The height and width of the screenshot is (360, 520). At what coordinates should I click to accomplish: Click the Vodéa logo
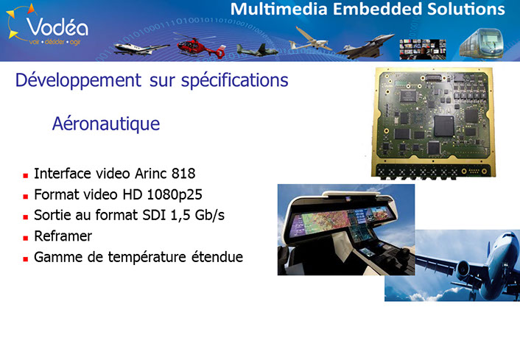(x=47, y=26)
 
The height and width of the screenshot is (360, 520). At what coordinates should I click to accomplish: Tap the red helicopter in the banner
(x=201, y=46)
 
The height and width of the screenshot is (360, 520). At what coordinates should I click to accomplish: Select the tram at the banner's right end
(x=482, y=43)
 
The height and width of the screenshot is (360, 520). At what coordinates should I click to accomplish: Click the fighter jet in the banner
(x=365, y=46)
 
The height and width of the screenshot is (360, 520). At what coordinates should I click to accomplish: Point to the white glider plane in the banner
(x=310, y=40)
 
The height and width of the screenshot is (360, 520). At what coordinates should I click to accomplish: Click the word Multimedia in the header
(x=279, y=9)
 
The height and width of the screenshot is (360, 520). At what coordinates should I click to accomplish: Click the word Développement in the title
(x=78, y=80)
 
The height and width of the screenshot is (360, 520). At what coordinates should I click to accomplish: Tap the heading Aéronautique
(x=106, y=124)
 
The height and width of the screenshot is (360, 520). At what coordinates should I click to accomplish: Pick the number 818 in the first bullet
(x=183, y=173)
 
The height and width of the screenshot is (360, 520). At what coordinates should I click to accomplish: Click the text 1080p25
(x=175, y=195)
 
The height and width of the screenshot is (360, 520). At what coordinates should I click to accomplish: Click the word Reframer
(x=63, y=236)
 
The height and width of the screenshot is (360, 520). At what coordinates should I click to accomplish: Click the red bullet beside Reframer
(x=26, y=238)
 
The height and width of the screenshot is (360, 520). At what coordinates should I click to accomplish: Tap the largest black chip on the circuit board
(x=443, y=126)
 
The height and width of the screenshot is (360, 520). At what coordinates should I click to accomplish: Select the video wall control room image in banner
(x=423, y=49)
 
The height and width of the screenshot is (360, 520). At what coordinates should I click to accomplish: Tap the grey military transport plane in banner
(x=257, y=50)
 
